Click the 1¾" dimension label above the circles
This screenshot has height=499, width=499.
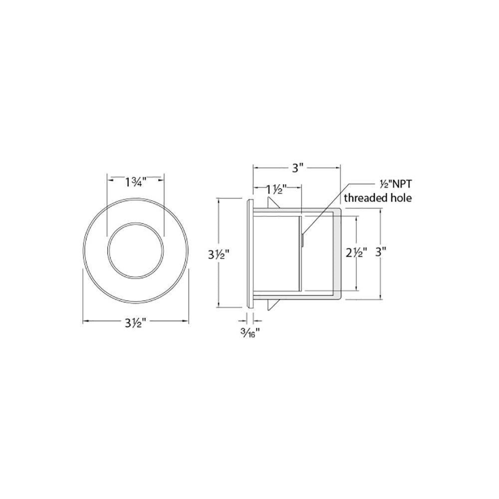pos(135,183)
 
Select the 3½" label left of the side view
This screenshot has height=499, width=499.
pos(219,254)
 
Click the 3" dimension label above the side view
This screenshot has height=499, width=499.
pos(296,168)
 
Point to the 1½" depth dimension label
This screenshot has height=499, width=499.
pos(277,190)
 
